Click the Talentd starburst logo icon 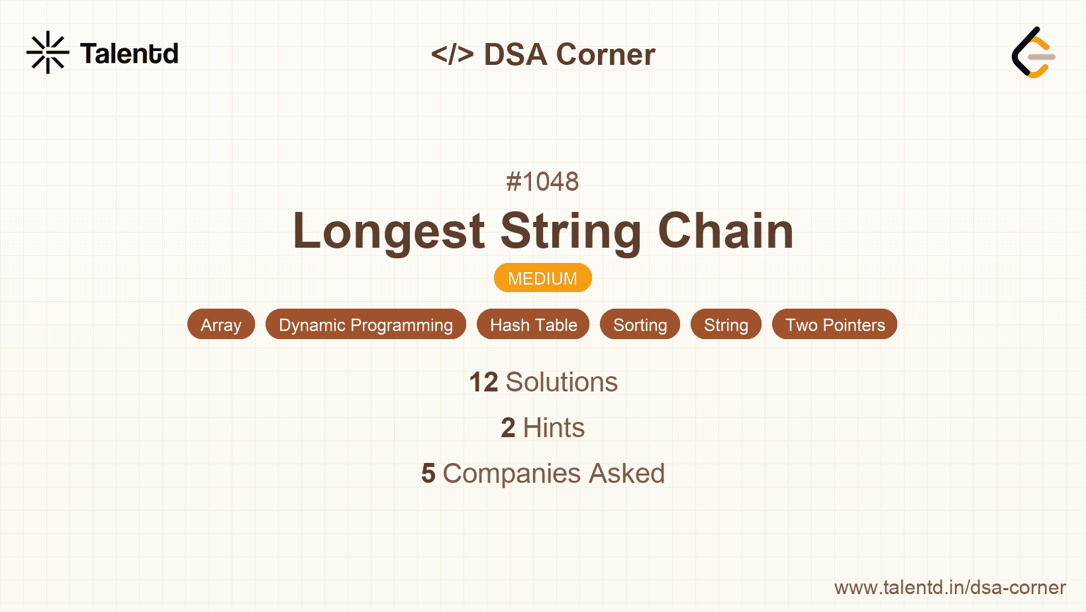point(48,52)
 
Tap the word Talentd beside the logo point(129,54)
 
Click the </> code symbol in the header point(452,54)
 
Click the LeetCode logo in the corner point(1032,53)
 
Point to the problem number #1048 point(542,181)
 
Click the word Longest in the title point(389,231)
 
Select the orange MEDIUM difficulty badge point(542,278)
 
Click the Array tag point(221,325)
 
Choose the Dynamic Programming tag point(366,325)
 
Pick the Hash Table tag point(533,325)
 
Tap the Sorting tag point(640,325)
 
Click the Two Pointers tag point(834,325)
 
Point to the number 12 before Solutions point(483,382)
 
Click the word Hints point(554,428)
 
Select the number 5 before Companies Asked point(428,474)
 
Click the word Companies point(512,474)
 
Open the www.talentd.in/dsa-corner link point(950,587)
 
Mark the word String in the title point(571,231)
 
